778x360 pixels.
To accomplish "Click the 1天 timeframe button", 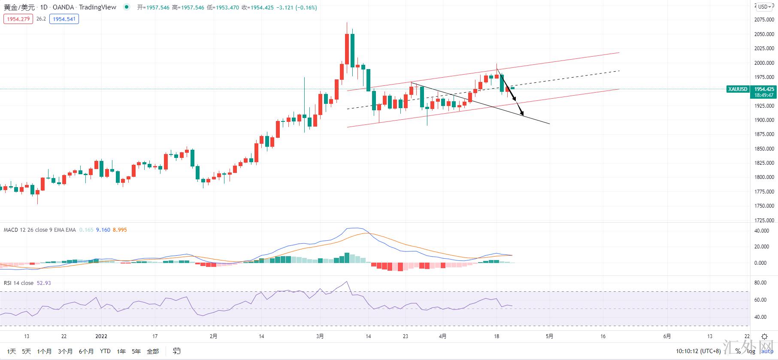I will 12,351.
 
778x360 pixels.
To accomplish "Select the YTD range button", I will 105,351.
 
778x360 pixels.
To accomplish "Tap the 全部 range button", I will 153,351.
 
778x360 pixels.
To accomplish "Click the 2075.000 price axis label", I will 764,20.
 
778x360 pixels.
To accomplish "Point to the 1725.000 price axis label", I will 764,220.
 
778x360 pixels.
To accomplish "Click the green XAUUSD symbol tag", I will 738,89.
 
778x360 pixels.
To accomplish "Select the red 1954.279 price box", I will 18,19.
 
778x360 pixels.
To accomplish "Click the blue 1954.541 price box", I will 64,19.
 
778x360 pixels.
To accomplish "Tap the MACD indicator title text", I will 39,230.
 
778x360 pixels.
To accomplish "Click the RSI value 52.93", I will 44,283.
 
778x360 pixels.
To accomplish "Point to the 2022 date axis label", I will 101,336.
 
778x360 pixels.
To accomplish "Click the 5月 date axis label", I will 550,336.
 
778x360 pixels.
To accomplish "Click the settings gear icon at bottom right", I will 764,337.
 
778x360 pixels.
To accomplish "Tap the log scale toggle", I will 751,351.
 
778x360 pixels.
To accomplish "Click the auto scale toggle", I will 767,351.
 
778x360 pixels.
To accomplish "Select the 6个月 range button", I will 86,351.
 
